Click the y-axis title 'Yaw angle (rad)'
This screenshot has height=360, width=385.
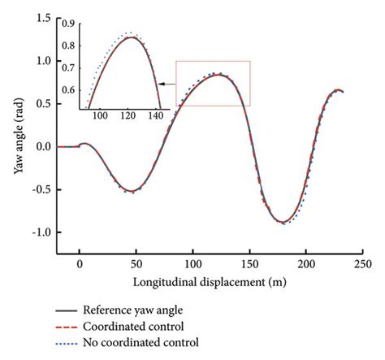click(11, 131)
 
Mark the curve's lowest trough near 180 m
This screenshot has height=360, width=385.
click(281, 222)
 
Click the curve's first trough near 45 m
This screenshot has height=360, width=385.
click(130, 192)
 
